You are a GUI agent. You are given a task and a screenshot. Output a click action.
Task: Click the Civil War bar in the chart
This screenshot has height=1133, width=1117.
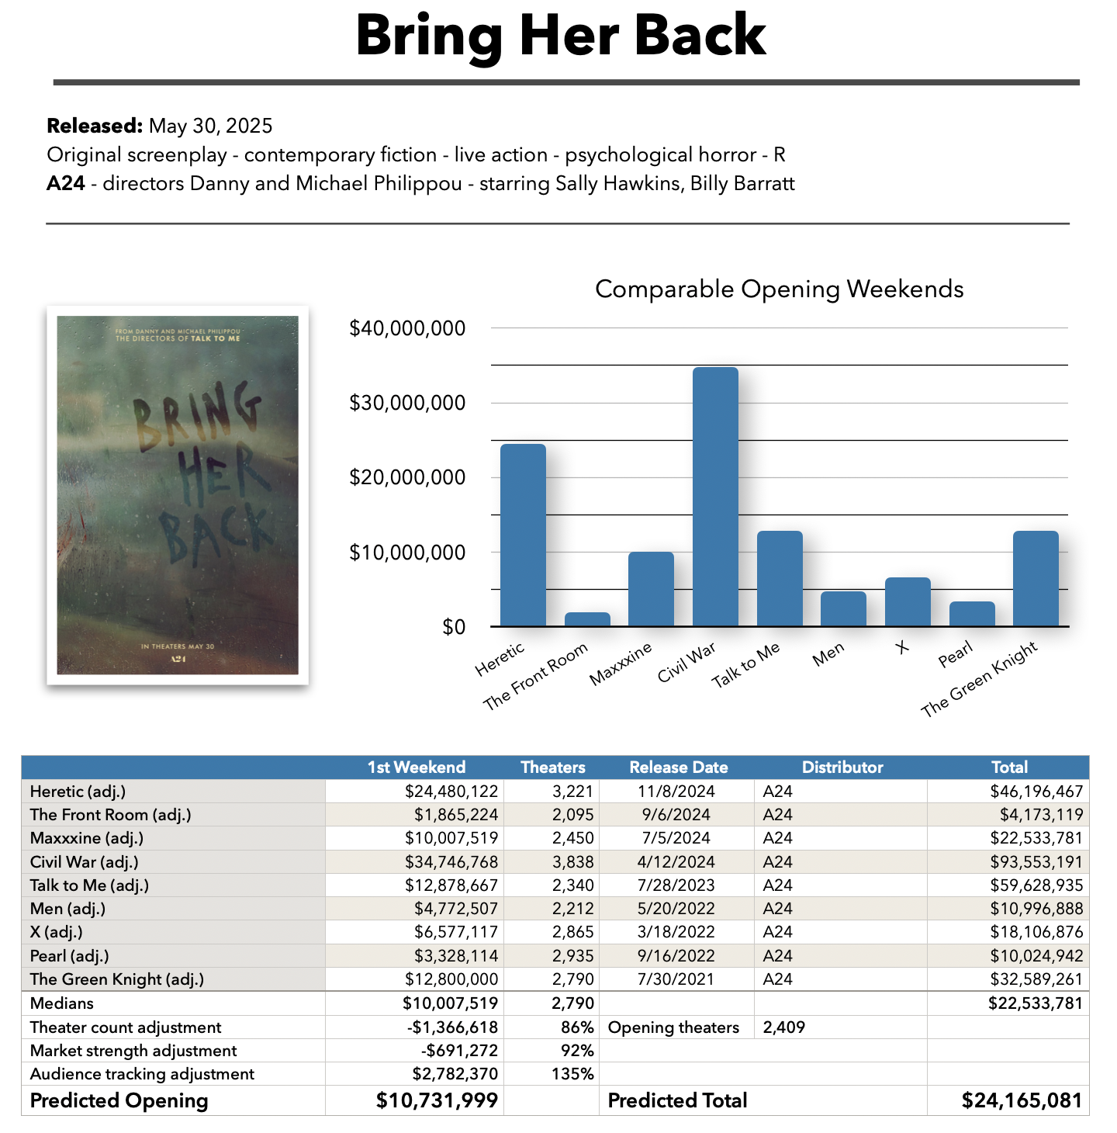point(715,497)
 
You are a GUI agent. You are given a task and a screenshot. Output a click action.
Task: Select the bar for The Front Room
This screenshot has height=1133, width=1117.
point(587,619)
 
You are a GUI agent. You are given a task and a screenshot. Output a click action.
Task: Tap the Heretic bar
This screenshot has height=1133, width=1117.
point(523,535)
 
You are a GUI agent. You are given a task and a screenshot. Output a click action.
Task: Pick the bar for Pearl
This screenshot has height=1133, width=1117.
point(972,614)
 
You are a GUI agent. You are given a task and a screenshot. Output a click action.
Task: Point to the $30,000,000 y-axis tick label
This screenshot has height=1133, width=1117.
point(407,403)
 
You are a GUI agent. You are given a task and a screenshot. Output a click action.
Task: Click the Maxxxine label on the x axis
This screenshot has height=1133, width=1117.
point(621,664)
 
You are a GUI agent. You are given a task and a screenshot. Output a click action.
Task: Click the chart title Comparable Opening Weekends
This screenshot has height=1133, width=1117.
point(779,289)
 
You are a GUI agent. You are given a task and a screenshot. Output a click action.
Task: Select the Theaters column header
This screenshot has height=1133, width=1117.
point(552,767)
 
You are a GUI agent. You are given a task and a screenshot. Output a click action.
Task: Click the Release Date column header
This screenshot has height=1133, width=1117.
point(678,767)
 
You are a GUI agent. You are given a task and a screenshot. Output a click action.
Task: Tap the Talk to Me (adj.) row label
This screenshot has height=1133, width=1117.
point(89,885)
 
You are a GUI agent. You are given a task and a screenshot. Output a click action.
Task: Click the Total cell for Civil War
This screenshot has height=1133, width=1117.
point(1036,862)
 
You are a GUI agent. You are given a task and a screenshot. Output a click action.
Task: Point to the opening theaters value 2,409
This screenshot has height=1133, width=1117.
point(783,1027)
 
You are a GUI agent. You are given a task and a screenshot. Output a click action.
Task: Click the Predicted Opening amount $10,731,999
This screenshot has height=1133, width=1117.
point(437,1100)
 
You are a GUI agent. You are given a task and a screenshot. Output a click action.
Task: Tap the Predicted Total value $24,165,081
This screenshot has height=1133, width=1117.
point(1021,1100)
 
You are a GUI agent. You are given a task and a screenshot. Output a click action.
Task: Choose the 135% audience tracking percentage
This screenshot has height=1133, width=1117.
point(577,1074)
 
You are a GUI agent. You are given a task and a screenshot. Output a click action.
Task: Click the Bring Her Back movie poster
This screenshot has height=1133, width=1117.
point(178,495)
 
